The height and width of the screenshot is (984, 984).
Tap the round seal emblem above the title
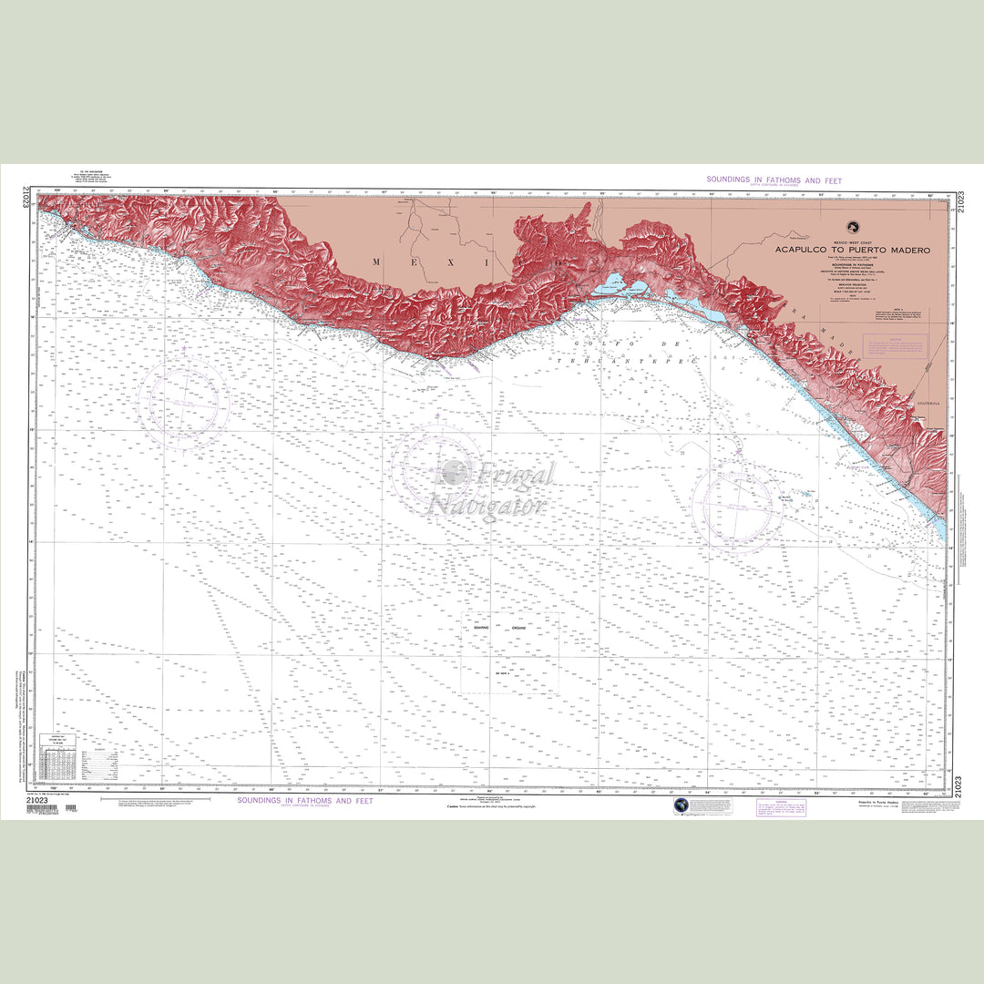pyautogui.click(x=854, y=227)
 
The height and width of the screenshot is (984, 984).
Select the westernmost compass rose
pyautogui.click(x=185, y=402)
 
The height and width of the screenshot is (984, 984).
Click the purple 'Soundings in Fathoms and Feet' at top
pyautogui.click(x=774, y=180)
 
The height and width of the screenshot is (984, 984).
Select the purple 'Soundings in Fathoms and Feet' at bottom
pyautogui.click(x=304, y=801)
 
